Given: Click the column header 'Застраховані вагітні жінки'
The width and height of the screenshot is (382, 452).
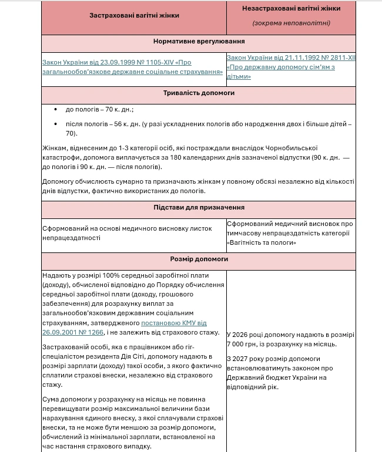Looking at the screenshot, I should (x=134, y=15).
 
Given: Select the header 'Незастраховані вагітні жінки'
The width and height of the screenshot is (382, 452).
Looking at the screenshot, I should (x=291, y=9).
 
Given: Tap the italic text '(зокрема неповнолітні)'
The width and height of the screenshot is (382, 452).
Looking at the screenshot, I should (x=291, y=23).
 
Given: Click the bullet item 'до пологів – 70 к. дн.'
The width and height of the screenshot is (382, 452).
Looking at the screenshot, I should (x=99, y=110).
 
